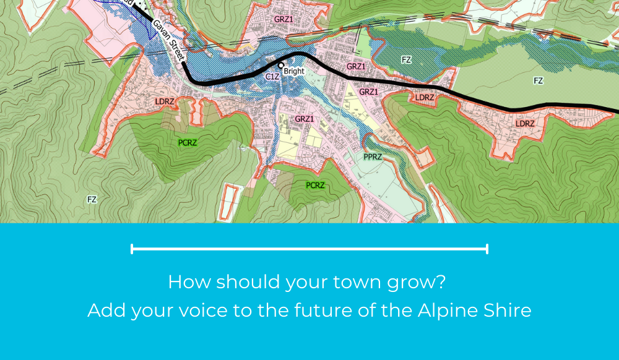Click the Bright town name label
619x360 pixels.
click(294, 71)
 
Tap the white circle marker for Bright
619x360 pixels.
click(280, 64)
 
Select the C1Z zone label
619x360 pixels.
click(272, 76)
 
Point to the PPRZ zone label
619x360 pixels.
click(373, 157)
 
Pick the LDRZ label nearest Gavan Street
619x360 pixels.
click(165, 101)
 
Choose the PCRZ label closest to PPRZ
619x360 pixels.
click(315, 185)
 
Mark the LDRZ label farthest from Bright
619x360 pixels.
click(525, 124)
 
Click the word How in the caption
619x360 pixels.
click(184, 283)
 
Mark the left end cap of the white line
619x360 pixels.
click(132, 249)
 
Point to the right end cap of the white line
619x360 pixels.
click(487, 249)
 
